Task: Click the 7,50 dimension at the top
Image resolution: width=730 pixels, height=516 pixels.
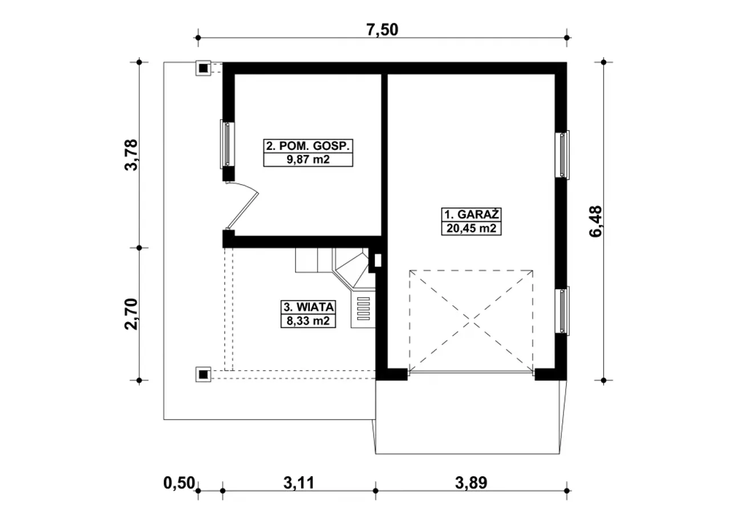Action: [382, 30]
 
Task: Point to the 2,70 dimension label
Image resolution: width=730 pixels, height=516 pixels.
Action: [132, 314]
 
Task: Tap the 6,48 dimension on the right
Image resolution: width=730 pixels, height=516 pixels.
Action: [596, 221]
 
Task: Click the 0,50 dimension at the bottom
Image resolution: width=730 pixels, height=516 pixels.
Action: [179, 483]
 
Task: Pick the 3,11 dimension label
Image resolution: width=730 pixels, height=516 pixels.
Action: [299, 483]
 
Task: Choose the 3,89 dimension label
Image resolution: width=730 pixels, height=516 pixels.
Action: [471, 483]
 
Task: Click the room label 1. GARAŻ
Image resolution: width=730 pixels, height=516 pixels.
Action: [472, 215]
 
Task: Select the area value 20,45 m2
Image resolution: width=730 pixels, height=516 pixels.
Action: [472, 229]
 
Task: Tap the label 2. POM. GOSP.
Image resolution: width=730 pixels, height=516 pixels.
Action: [308, 146]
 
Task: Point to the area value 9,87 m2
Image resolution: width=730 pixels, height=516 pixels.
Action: [308, 160]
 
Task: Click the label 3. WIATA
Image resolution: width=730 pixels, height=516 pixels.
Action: [309, 307]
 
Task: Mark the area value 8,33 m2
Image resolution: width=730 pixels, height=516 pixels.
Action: [309, 321]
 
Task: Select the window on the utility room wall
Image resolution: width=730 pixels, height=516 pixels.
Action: [227, 144]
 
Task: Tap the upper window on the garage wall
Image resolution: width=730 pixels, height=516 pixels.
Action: [562, 155]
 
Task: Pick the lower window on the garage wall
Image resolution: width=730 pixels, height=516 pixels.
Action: [562, 311]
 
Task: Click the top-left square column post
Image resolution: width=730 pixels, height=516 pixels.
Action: [204, 68]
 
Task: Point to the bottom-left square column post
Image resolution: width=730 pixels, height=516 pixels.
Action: [204, 374]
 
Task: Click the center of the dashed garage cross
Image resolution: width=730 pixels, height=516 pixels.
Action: [471, 321]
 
